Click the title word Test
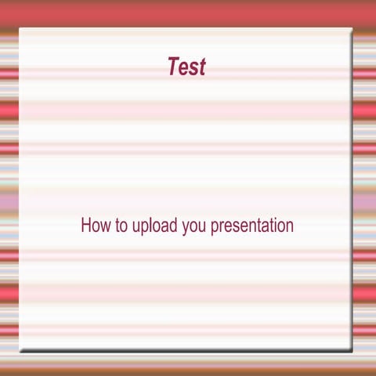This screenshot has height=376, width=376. tap(186, 67)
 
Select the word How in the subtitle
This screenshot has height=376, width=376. tap(94, 226)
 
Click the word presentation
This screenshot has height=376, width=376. tap(252, 226)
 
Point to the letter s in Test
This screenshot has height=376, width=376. tap(193, 69)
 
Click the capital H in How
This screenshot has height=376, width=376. tap(85, 226)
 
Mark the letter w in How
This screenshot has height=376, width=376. tap(103, 227)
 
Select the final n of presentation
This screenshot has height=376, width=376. tap(289, 227)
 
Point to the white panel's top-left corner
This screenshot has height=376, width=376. tap(20, 29)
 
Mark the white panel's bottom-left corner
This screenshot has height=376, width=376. tap(20, 350)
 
